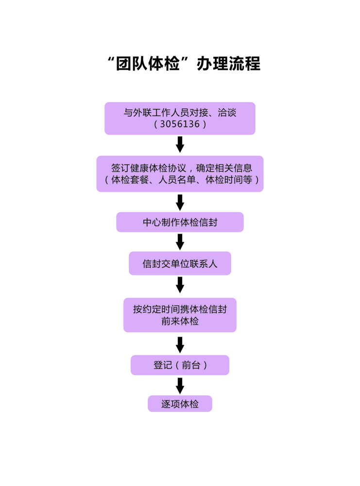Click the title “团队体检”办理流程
click(x=184, y=64)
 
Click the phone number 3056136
click(x=180, y=124)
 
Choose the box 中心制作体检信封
click(x=180, y=222)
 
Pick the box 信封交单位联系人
click(x=180, y=263)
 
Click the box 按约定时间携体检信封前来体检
click(x=180, y=315)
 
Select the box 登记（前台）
click(x=180, y=365)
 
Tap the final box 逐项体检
click(x=180, y=404)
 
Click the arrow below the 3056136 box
click(x=180, y=144)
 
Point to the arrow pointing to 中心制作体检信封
click(x=180, y=202)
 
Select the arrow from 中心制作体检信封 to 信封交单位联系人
click(x=180, y=242)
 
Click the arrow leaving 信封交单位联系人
click(x=180, y=285)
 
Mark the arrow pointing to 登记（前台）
click(x=180, y=344)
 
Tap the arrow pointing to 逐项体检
click(x=180, y=385)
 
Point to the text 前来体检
click(x=180, y=321)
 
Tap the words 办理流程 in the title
click(x=228, y=64)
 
